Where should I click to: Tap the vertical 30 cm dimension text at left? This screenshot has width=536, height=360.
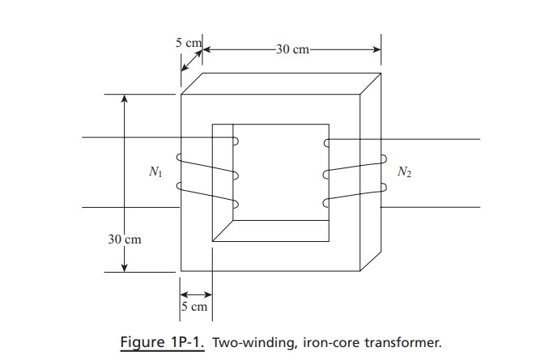point(125,239)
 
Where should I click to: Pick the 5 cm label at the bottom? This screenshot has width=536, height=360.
point(194,307)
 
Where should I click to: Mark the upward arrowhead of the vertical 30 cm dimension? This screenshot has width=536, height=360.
point(125,100)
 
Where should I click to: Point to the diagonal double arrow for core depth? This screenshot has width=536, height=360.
point(191,64)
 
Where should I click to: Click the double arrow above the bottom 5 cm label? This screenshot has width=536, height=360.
point(195,293)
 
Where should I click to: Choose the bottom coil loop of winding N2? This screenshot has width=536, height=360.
point(327,202)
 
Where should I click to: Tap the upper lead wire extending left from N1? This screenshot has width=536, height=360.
point(130,138)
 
